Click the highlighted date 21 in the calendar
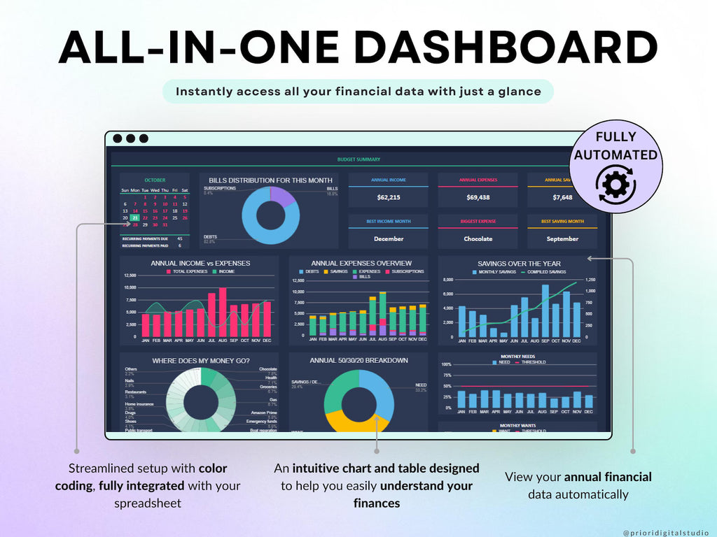(134, 217)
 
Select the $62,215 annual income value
(389, 197)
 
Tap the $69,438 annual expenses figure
(478, 197)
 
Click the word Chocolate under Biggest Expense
(478, 238)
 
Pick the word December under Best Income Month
(389, 238)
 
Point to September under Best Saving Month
(562, 238)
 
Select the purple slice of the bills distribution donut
(281, 196)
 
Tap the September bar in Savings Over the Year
(545, 310)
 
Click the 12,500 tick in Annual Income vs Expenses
(130, 275)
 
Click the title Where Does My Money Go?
(200, 361)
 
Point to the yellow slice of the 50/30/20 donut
(347, 421)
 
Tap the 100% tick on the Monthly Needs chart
(446, 364)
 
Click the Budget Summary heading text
(358, 159)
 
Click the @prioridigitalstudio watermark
(665, 533)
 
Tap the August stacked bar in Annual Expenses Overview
(383, 314)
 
